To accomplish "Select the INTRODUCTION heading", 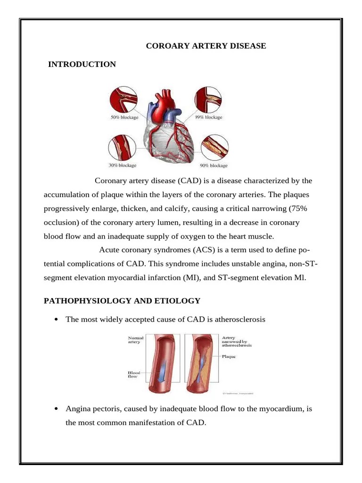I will [82, 64].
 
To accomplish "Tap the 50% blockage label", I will [124, 117].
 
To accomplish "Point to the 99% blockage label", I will [209, 117].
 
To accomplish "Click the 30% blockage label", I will [123, 166].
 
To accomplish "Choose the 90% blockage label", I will [214, 166].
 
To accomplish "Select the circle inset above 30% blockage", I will [121, 148].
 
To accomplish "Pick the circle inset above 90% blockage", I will [215, 148].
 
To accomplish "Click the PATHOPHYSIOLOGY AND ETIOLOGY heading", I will [122, 300].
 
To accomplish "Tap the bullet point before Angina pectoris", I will [56, 408].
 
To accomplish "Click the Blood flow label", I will [134, 375].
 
